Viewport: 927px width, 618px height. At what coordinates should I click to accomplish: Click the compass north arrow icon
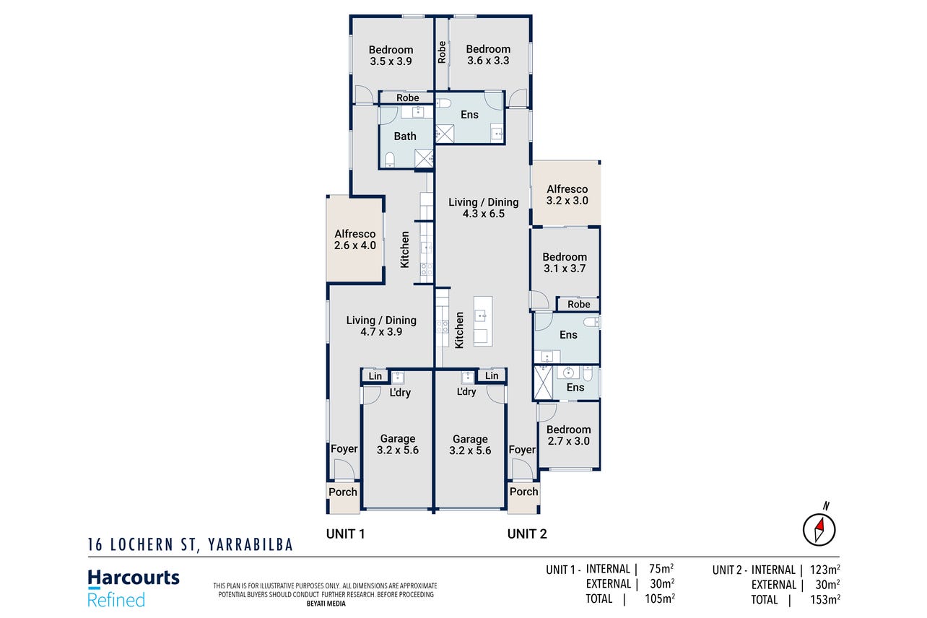click(x=819, y=530)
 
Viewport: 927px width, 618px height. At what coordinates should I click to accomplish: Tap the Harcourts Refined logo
click(x=134, y=588)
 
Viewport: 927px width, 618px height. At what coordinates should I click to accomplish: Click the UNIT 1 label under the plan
click(x=346, y=534)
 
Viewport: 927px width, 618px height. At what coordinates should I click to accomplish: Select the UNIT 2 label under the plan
click(x=527, y=534)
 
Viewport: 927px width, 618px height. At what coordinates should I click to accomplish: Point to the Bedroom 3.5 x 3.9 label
click(x=391, y=56)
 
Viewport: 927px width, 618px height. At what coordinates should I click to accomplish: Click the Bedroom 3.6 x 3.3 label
click(x=488, y=55)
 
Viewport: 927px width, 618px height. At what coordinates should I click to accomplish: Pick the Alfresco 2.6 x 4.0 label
click(x=355, y=239)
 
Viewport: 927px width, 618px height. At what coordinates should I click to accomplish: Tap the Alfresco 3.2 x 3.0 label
click(x=567, y=194)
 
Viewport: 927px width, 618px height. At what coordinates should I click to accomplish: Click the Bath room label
click(x=405, y=136)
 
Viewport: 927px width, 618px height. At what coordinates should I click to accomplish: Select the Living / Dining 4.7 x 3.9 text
click(x=381, y=326)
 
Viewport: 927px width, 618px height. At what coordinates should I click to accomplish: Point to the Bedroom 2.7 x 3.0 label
click(x=569, y=435)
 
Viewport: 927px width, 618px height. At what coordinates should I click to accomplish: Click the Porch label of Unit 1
click(x=343, y=492)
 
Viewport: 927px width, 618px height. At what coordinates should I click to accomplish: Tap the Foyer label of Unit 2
click(x=522, y=450)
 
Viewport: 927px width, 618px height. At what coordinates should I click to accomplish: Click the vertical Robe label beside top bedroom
click(x=442, y=52)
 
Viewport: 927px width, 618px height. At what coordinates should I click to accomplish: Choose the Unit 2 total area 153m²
click(x=824, y=599)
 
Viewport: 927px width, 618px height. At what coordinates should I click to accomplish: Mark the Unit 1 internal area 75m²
click(x=661, y=569)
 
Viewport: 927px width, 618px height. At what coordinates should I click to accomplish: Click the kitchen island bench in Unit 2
click(x=483, y=321)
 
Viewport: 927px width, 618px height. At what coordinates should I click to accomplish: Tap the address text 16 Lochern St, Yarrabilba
click(x=191, y=545)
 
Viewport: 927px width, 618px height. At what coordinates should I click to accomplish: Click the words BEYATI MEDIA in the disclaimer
click(x=326, y=604)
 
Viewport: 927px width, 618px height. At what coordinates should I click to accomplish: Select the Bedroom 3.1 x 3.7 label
click(x=565, y=262)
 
